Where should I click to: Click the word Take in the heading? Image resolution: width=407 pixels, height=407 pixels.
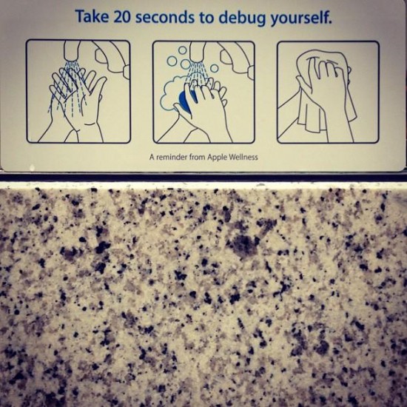coord(92,16)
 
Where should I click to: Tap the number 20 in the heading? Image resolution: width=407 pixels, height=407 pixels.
coord(122,17)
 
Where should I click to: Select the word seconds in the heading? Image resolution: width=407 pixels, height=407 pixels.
coord(165,18)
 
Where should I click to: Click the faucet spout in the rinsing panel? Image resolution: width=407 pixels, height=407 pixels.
coord(71,51)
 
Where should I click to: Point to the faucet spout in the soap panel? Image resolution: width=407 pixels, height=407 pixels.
coord(198,51)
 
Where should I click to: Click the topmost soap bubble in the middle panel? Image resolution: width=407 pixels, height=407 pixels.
coord(183,50)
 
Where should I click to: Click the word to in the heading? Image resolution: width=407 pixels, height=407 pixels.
coord(206,18)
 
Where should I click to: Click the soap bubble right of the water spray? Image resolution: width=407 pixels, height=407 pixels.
coord(214,68)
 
